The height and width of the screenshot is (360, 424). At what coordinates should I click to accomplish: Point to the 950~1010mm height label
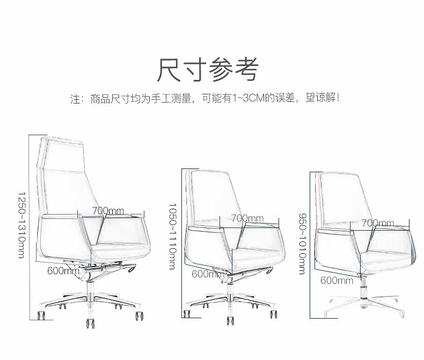[x=303, y=243]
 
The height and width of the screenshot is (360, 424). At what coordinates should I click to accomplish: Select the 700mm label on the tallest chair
[x=107, y=211]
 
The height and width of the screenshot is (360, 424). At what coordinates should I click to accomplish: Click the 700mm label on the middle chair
[x=247, y=218]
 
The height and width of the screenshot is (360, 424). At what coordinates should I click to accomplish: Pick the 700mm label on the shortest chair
[x=377, y=223]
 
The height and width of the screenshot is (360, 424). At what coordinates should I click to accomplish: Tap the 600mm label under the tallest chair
[x=63, y=271]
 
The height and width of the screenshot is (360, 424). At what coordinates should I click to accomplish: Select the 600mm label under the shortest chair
[x=337, y=280]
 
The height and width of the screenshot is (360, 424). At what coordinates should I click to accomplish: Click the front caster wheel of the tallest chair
[x=90, y=324]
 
